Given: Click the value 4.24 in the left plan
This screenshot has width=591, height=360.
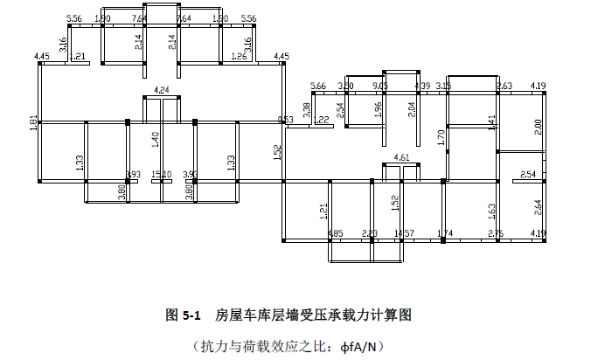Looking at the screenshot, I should [x=161, y=90].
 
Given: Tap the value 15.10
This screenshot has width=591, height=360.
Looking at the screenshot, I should [x=161, y=175].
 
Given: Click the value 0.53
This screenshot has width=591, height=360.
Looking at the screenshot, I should [x=285, y=120].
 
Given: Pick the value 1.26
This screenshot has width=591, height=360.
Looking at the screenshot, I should [x=239, y=58].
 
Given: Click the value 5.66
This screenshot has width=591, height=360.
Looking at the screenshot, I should [x=318, y=86].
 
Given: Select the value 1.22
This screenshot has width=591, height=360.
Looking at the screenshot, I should [x=323, y=120].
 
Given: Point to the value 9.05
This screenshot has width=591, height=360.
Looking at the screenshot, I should [x=380, y=86].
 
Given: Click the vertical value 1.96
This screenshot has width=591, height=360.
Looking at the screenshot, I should [x=378, y=109].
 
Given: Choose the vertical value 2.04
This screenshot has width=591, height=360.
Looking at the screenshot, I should [x=412, y=109].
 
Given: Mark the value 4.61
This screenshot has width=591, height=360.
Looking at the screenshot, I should [x=402, y=157].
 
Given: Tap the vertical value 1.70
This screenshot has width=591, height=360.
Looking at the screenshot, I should [x=442, y=136].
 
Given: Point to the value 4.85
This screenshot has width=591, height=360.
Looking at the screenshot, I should [x=335, y=233].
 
